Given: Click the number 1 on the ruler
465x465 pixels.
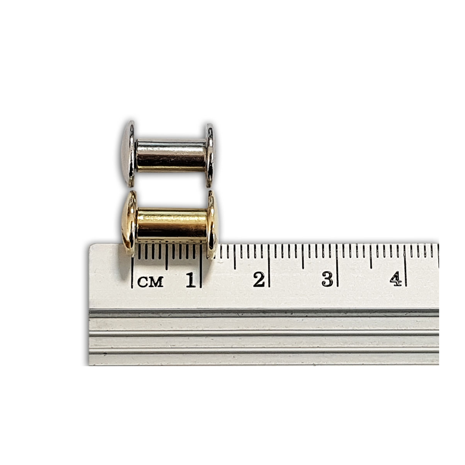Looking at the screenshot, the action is (191, 280).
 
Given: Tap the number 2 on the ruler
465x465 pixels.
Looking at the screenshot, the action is (259, 280).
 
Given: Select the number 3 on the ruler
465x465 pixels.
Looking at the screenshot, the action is (327, 279).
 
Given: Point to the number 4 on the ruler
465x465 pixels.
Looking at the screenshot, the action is (396, 279).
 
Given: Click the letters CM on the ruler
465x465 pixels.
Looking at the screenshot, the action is (151, 282).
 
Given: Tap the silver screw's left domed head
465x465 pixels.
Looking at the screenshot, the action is (128, 154).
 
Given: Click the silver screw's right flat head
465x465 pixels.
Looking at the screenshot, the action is (210, 155).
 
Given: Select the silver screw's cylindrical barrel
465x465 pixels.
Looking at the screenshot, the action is (171, 156).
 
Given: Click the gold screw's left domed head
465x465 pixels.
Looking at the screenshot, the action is (129, 223).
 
